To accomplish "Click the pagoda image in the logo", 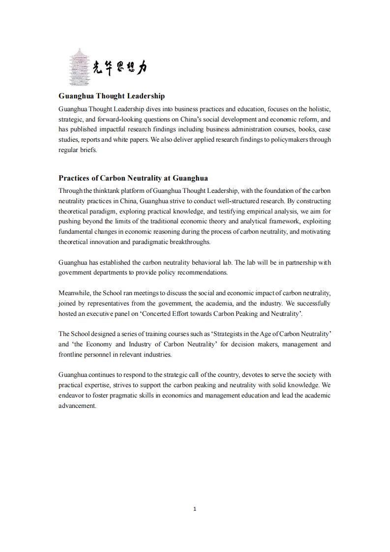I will click(x=79, y=67).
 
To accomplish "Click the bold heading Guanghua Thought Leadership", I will click(x=112, y=96).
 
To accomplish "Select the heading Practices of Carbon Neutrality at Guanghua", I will click(x=133, y=178).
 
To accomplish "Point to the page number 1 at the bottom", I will click(x=195, y=509).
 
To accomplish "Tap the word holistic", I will click(x=319, y=109).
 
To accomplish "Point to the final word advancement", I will click(x=77, y=406).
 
